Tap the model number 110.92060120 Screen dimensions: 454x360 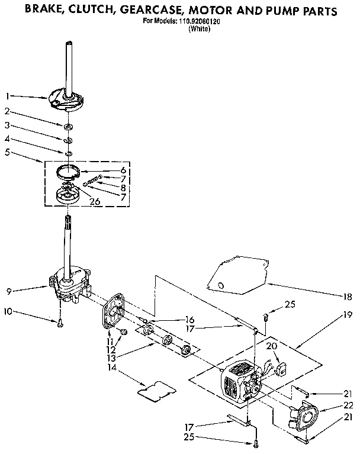tap(200, 21)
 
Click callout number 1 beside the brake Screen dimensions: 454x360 tap(7, 95)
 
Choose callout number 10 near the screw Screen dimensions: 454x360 tap(8, 311)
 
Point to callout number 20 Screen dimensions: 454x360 tap(271, 346)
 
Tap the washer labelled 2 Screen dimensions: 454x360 tap(69, 126)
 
